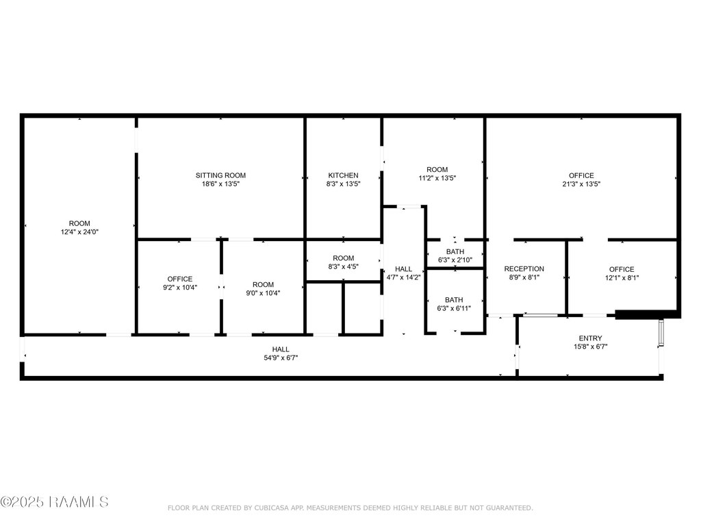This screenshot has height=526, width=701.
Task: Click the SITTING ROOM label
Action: tap(220, 175)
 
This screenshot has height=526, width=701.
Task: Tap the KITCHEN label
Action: tap(344, 175)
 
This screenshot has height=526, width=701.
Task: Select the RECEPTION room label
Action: tap(524, 268)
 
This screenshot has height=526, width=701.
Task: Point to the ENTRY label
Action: tap(590, 338)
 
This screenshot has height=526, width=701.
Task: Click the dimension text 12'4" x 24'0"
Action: tap(79, 231)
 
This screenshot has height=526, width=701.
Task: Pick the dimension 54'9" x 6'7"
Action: tap(281, 358)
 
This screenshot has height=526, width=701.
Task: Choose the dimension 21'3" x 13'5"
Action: tap(581, 184)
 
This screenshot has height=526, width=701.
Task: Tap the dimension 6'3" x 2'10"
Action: tap(455, 260)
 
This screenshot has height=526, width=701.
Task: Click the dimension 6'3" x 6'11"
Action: tap(454, 308)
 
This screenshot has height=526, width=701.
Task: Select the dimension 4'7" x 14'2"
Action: tap(403, 277)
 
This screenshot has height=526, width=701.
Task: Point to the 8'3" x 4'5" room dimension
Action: tap(344, 266)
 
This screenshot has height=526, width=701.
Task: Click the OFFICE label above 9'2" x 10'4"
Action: tap(180, 279)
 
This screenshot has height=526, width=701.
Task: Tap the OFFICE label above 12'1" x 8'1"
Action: tap(622, 269)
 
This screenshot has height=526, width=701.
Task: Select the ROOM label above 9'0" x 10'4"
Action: tap(263, 285)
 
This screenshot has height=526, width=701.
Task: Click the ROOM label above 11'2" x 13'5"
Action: tap(437, 170)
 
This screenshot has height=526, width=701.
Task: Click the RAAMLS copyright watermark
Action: tap(54, 502)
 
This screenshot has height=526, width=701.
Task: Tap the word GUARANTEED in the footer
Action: tap(509, 508)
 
